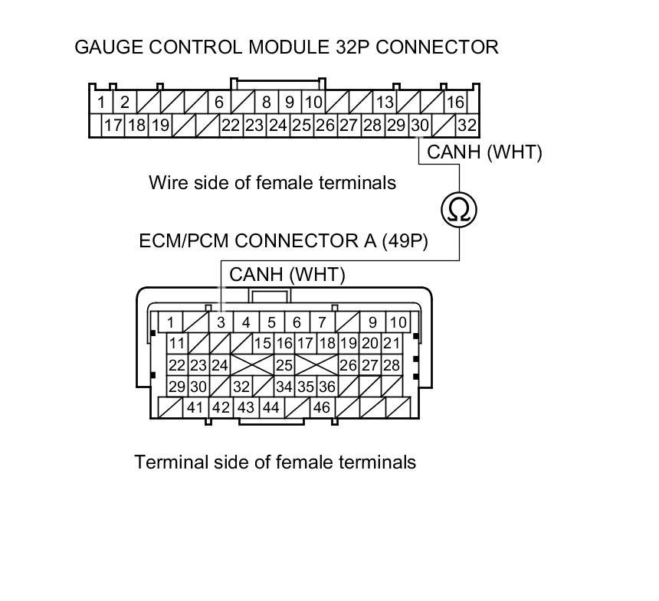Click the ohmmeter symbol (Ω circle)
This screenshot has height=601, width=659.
click(x=459, y=208)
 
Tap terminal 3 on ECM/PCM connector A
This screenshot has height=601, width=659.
click(x=221, y=322)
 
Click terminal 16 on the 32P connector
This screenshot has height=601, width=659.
click(x=455, y=103)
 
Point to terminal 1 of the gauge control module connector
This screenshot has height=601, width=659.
click(x=101, y=103)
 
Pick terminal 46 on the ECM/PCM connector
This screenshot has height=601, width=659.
click(x=322, y=407)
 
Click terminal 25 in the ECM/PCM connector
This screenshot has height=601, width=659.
click(x=284, y=365)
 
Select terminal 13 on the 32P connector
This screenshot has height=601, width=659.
click(x=385, y=103)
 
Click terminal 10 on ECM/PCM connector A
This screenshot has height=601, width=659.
click(x=398, y=322)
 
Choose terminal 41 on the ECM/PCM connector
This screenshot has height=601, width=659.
click(x=195, y=407)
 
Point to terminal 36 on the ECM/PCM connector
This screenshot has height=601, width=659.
click(x=327, y=387)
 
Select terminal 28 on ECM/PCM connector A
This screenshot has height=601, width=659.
click(x=392, y=365)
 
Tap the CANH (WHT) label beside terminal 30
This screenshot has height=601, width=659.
click(x=484, y=152)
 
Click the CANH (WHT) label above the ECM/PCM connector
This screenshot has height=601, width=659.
click(x=287, y=274)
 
